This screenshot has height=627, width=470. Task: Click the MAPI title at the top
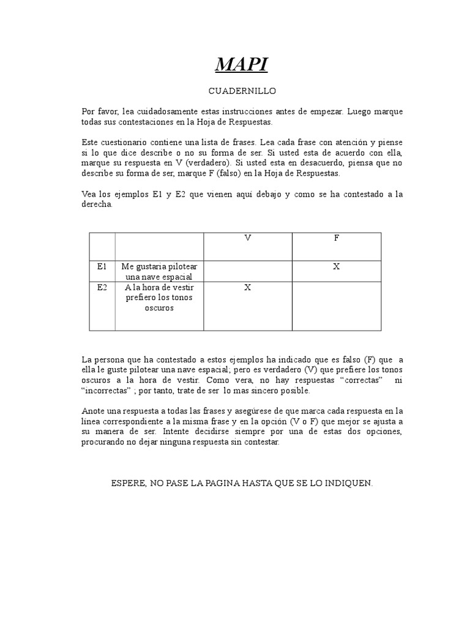pos(242,64)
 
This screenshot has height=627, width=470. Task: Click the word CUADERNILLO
pos(242,91)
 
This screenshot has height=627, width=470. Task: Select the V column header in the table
pos(247,238)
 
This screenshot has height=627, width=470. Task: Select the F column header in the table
pos(336,238)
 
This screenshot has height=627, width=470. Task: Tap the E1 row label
pos(102,266)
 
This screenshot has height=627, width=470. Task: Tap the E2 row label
pos(102,287)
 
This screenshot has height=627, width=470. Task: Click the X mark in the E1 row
pos(336,267)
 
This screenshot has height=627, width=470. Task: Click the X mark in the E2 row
pos(247,288)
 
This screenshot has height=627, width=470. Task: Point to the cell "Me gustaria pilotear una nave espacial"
pos(159,271)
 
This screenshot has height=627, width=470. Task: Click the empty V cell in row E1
pos(247,271)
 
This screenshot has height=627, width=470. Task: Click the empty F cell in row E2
pos(336,306)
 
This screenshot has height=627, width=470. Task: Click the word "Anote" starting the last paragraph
pos(93,411)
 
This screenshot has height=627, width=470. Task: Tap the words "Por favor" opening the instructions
pos(99,112)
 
